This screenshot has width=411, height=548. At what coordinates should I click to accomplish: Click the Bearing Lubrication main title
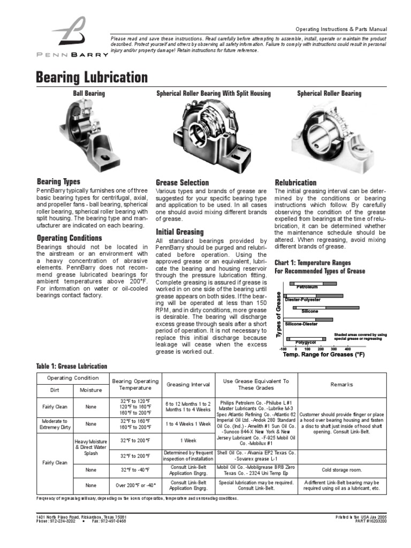tap(91, 77)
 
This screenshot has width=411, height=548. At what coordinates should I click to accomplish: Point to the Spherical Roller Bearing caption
tap(329, 94)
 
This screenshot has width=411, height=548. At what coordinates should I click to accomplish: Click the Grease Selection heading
tap(182, 182)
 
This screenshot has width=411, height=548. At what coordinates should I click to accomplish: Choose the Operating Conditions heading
tap(69, 238)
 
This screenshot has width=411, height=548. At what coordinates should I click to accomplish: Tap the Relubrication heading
tap(295, 182)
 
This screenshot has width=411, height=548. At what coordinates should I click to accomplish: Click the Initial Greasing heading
tap(179, 232)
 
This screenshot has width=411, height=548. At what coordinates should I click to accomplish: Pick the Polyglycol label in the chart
tap(305, 342)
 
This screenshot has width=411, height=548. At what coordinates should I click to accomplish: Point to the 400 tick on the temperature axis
tap(347, 348)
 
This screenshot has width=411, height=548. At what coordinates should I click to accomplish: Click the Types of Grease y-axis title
tap(278, 314)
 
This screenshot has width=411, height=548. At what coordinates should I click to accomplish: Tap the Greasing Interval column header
tap(188, 384)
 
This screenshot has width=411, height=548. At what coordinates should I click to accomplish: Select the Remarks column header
tap(341, 384)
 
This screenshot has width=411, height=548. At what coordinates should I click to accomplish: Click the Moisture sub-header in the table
tap(90, 390)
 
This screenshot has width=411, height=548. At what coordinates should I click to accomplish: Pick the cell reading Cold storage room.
tap(341, 470)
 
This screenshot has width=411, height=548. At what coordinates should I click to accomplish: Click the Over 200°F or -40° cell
tap(135, 485)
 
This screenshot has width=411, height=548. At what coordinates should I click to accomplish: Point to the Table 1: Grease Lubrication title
tap(71, 366)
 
